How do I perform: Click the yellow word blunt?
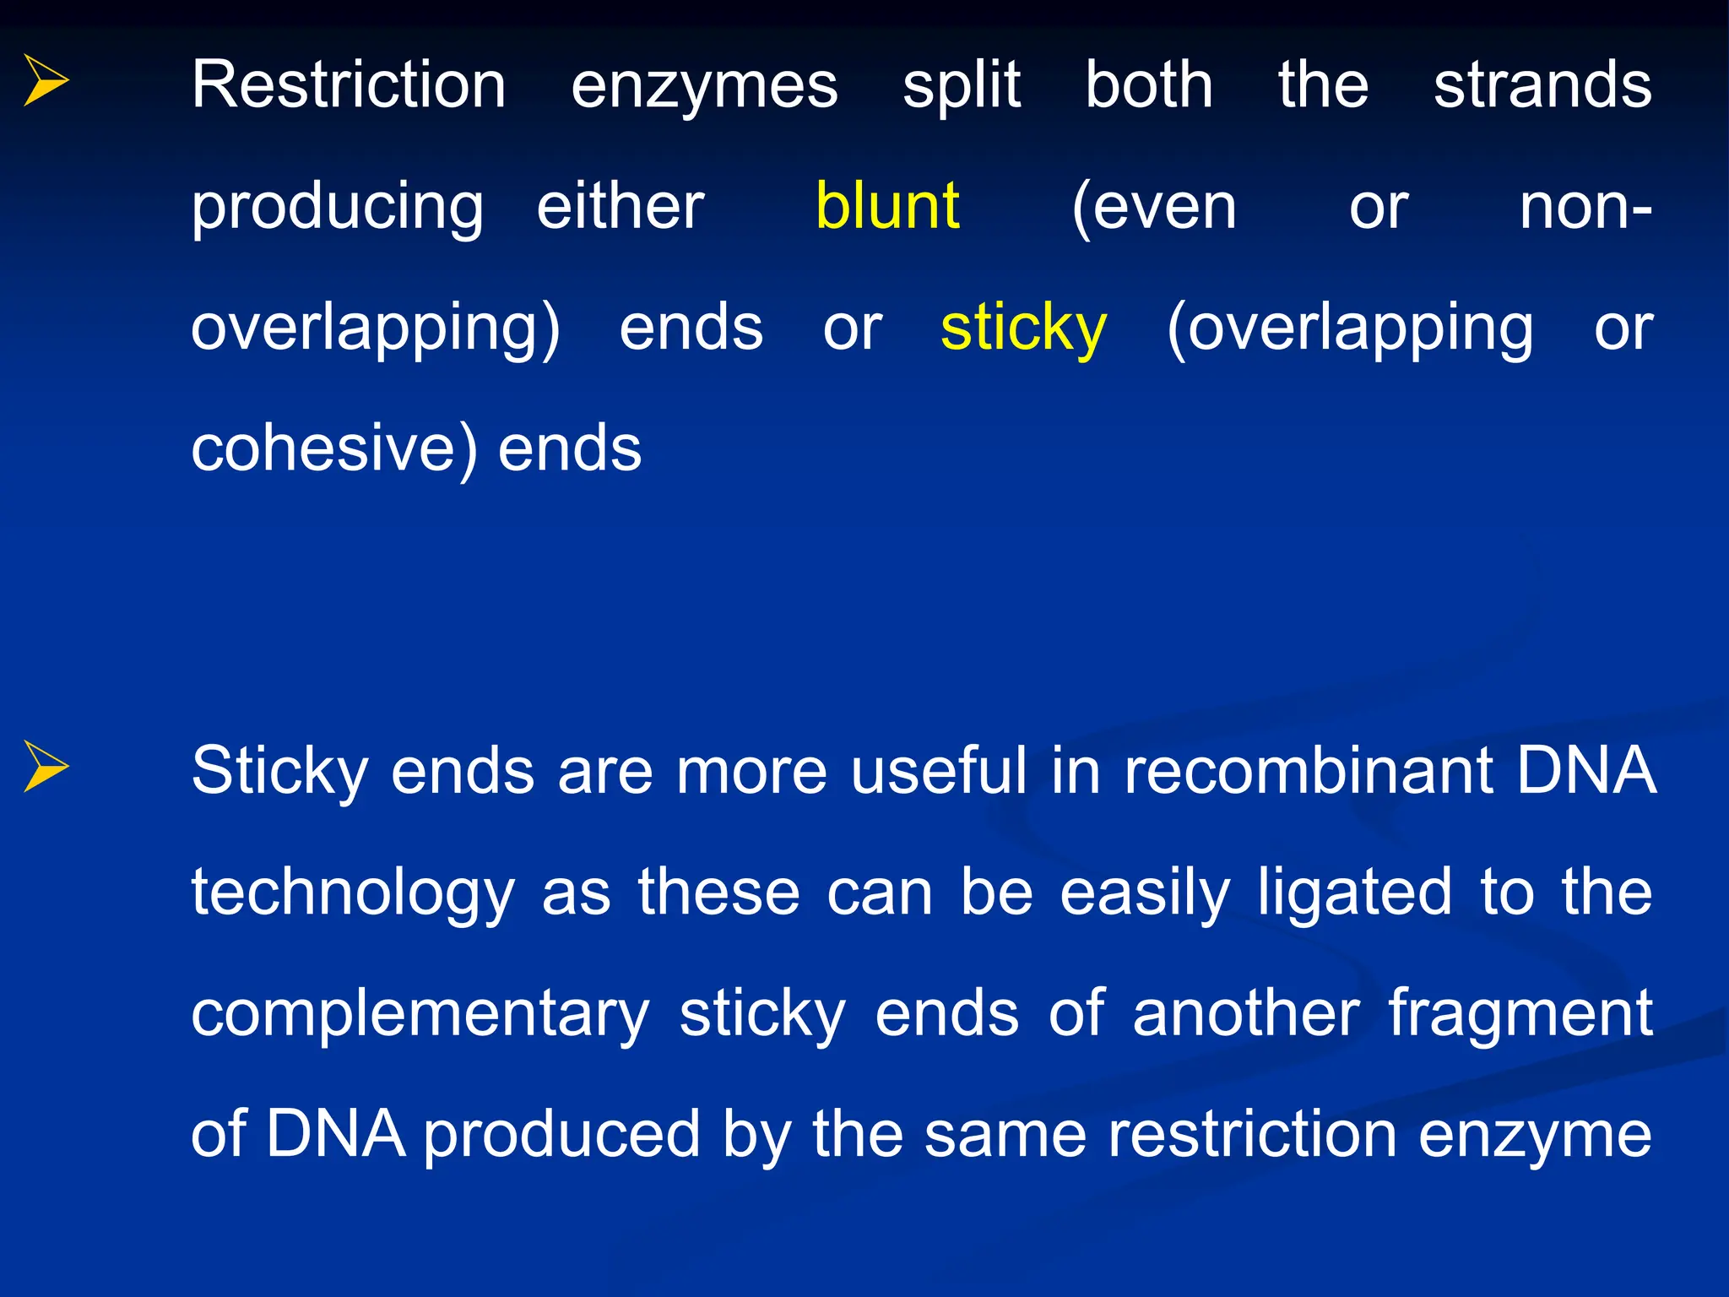pyautogui.click(x=887, y=206)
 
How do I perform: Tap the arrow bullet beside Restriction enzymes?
pyautogui.click(x=46, y=80)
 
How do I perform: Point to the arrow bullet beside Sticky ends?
pyautogui.click(x=46, y=766)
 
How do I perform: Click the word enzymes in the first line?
pyautogui.click(x=704, y=86)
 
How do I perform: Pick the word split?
pyautogui.click(x=962, y=86)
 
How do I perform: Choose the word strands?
pyautogui.click(x=1542, y=86)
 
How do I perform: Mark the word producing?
pyautogui.click(x=337, y=208)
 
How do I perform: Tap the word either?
pyautogui.click(x=621, y=206)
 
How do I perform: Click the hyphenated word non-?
pyautogui.click(x=1585, y=208)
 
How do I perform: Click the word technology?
pyautogui.click(x=352, y=893)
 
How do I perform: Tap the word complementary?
pyautogui.click(x=420, y=1014)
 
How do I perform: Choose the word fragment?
pyautogui.click(x=1520, y=1014)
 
